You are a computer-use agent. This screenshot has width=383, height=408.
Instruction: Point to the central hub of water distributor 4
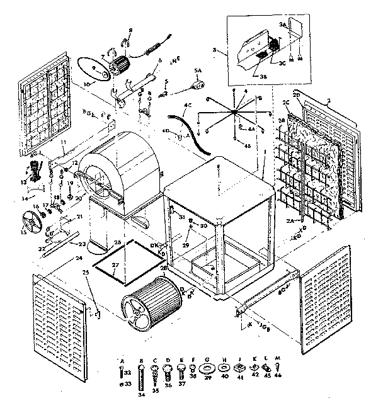[x=234, y=111]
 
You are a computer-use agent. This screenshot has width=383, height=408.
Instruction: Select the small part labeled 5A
[x=199, y=81]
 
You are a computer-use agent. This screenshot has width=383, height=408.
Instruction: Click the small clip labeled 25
[x=94, y=312]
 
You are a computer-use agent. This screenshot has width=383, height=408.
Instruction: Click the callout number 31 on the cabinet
[x=181, y=218]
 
